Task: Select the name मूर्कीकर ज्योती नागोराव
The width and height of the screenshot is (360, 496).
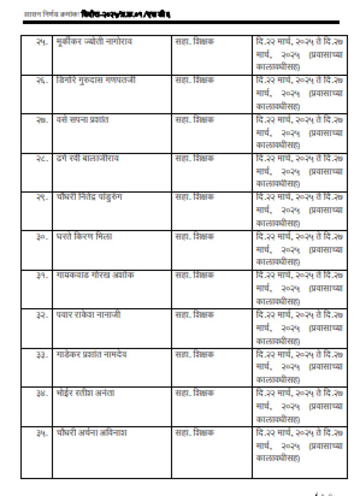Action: pos(94,42)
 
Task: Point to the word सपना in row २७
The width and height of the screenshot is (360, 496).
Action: pos(78,120)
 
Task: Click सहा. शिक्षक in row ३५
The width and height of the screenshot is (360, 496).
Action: pos(194,433)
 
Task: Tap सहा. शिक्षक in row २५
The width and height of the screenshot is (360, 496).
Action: pos(194,42)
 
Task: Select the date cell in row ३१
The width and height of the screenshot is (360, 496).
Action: pos(300,288)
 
